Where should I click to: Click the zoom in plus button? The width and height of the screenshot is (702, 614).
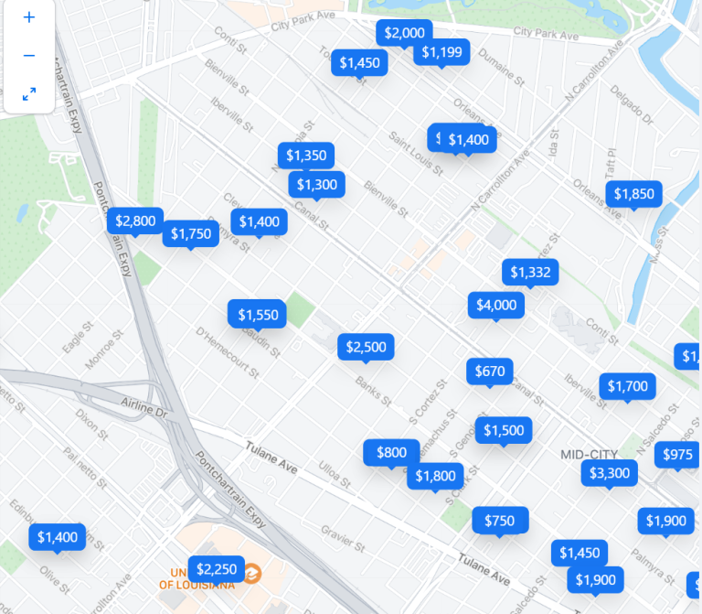29,17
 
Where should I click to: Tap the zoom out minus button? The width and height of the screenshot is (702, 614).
29,56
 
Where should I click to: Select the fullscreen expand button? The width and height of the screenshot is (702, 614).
29,93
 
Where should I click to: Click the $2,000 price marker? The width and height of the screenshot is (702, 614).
404,33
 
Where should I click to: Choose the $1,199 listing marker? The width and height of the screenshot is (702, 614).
442,52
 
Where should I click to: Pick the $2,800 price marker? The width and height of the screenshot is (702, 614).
135,221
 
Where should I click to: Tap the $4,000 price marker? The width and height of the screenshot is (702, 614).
496,305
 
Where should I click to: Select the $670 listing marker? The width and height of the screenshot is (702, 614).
490,371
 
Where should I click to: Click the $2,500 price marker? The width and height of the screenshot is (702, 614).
366,347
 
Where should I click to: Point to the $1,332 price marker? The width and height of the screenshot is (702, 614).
530,272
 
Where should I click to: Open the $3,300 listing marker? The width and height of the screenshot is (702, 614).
609,473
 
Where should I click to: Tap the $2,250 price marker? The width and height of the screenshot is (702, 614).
216,568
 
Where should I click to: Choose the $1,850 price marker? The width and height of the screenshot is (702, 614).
633,193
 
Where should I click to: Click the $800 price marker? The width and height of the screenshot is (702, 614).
391,452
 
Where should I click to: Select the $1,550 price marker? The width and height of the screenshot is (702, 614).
258,315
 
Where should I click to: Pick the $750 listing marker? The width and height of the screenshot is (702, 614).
499,521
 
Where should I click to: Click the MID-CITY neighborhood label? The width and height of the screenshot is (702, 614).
589,455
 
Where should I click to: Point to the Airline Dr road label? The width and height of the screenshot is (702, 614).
145,407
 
